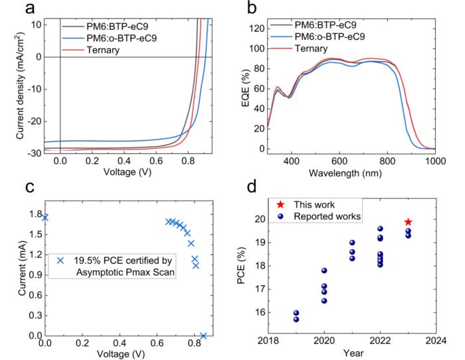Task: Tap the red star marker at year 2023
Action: coord(408,222)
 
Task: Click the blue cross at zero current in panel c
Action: coord(203,335)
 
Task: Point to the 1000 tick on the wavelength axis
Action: coord(435,161)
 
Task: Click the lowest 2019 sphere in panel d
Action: coord(296,319)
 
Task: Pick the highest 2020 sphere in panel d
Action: coord(324,270)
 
